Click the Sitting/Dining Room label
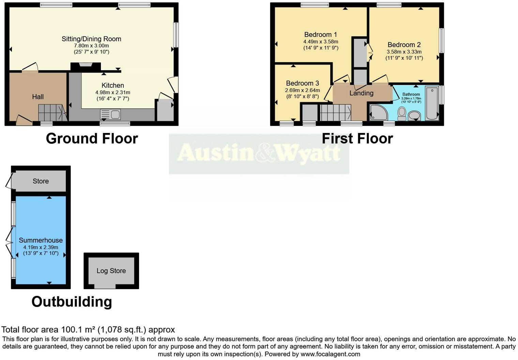point(91,39)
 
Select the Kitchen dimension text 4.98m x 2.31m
point(113,92)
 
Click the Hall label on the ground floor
point(38,97)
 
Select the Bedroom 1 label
point(321,34)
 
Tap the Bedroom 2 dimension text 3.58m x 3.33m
point(404,52)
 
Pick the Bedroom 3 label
point(302,83)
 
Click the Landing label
point(361,93)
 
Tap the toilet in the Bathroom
point(402,114)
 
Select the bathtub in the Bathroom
point(432,103)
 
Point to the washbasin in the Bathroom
point(414,116)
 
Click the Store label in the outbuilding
point(41,181)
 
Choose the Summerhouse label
point(41,240)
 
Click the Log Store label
point(111,271)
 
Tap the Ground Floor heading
point(92,139)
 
